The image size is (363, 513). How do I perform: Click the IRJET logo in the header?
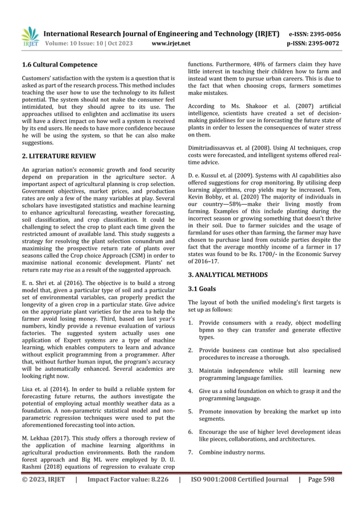(30, 37)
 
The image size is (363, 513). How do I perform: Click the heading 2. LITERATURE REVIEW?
(58, 155)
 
